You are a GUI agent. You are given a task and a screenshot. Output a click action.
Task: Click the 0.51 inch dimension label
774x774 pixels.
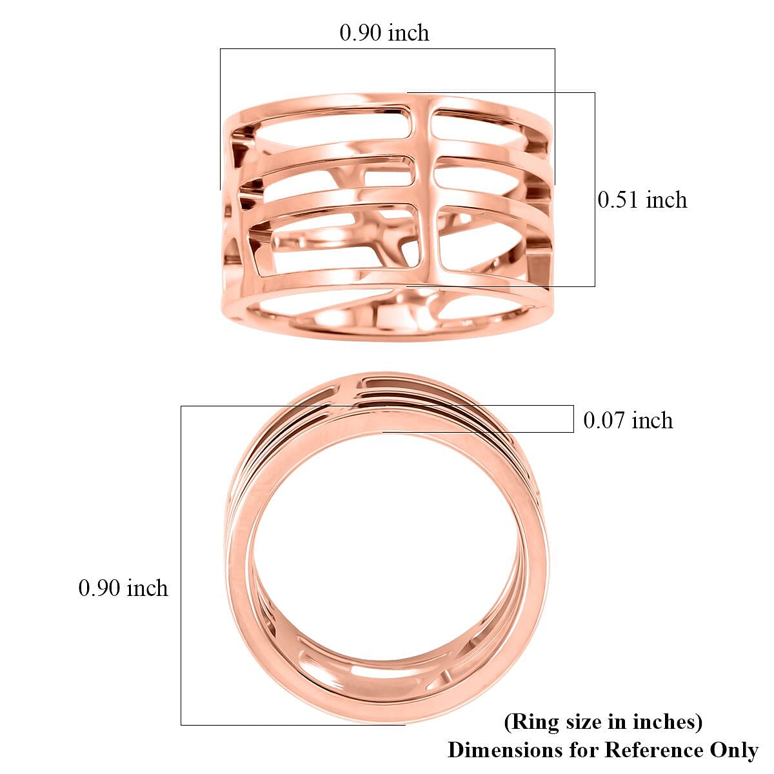tap(642, 200)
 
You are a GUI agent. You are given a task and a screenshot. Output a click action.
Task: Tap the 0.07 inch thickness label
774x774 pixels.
tap(628, 421)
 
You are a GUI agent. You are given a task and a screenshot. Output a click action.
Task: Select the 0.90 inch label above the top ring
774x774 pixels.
tap(384, 33)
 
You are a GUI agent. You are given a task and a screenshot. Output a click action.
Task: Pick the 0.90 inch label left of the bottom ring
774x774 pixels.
tap(123, 588)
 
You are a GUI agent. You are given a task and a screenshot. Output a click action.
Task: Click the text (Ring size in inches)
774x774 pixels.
tap(603, 721)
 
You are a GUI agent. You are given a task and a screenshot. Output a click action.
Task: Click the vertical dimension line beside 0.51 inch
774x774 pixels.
tap(595, 189)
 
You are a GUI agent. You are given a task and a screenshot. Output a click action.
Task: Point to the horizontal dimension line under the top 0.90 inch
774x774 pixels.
tap(387, 48)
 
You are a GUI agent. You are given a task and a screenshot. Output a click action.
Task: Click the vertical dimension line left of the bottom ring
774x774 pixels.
tap(181, 565)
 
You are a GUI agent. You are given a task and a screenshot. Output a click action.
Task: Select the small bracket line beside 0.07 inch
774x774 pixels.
tap(573, 419)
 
